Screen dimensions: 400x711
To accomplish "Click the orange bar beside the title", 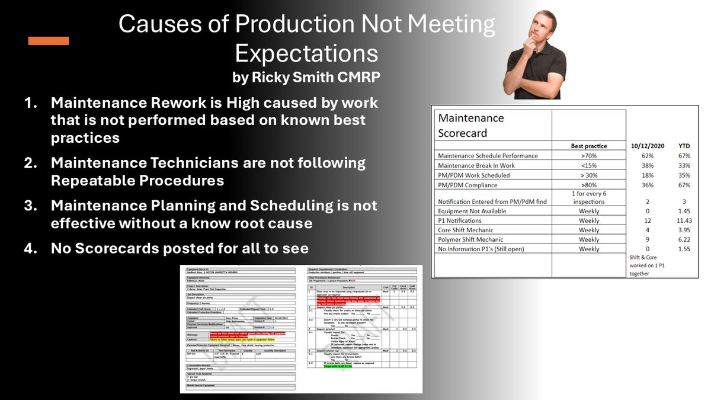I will (49, 41).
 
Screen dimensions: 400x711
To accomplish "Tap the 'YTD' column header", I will (683, 146).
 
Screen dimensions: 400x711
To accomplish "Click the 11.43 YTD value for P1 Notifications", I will (683, 220).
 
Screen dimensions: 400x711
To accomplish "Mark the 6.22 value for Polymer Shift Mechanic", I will (683, 239).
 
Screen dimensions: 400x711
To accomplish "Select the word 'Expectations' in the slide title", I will (306, 53).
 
